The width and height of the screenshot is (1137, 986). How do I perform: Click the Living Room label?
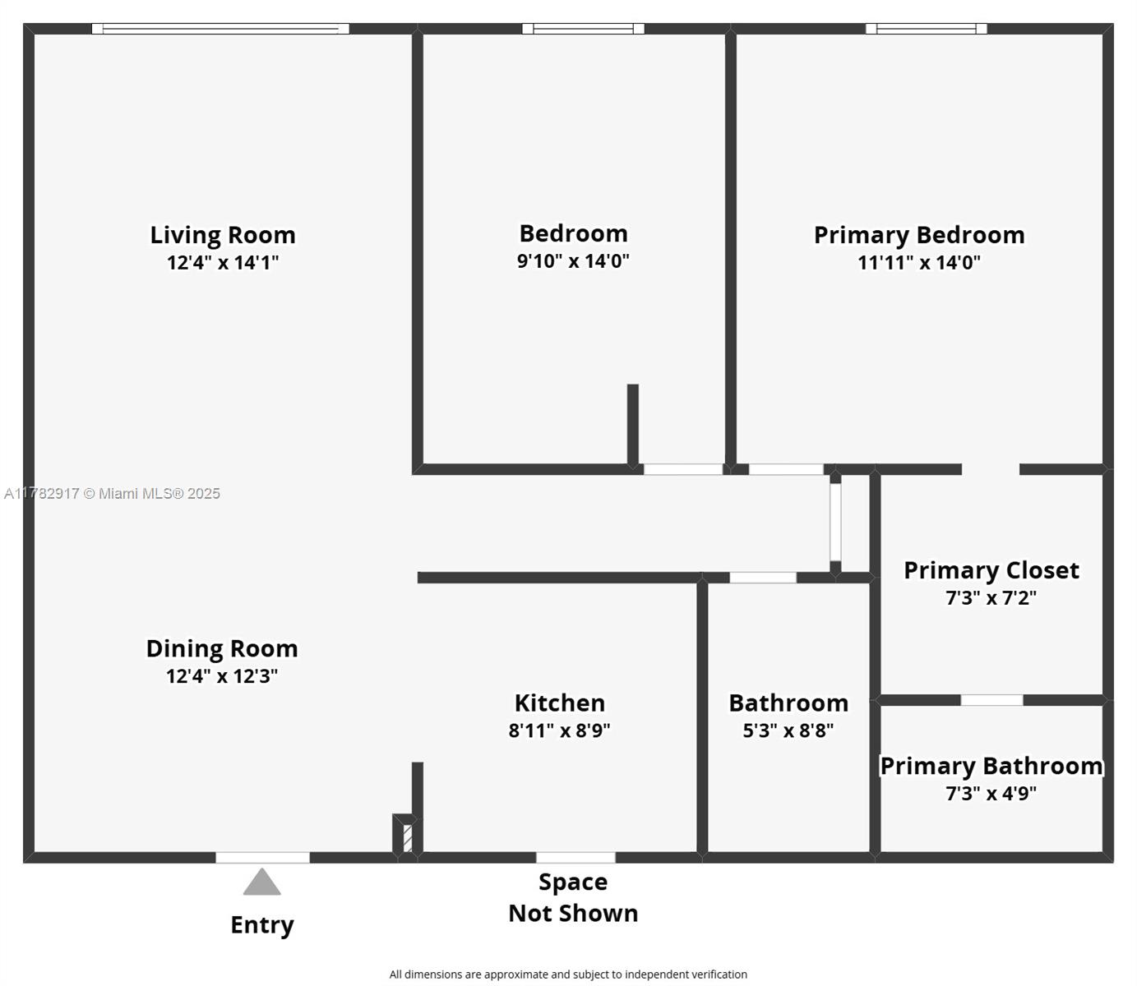pyautogui.click(x=222, y=235)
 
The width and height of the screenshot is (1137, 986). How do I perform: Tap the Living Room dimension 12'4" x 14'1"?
pyautogui.click(x=222, y=263)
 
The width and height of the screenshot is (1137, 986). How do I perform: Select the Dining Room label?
pyautogui.click(x=222, y=648)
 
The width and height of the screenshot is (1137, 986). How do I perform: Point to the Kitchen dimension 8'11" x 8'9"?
pyautogui.click(x=559, y=730)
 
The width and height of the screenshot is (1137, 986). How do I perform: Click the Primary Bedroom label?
pyautogui.click(x=919, y=235)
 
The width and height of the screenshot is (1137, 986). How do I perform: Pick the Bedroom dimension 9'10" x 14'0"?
pyautogui.click(x=573, y=261)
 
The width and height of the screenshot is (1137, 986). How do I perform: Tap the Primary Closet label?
pyautogui.click(x=991, y=570)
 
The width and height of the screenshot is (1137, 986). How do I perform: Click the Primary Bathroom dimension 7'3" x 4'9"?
pyautogui.click(x=991, y=794)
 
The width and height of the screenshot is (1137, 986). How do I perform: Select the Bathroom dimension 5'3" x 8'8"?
pyautogui.click(x=788, y=730)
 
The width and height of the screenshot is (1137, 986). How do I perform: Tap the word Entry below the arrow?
pyautogui.click(x=261, y=925)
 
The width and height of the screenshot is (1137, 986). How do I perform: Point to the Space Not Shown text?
pyautogui.click(x=573, y=898)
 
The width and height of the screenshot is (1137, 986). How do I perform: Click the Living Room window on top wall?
pyautogui.click(x=220, y=29)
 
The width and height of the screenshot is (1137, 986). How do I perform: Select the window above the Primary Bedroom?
pyautogui.click(x=927, y=29)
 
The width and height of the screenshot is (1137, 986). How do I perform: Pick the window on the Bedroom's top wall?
pyautogui.click(x=583, y=29)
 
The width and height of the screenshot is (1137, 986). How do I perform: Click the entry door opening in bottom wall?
pyautogui.click(x=262, y=858)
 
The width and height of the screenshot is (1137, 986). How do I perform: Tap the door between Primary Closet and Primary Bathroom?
pyautogui.click(x=991, y=700)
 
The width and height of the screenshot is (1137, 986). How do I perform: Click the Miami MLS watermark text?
pyautogui.click(x=113, y=494)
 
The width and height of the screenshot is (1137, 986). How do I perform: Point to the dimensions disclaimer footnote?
pyautogui.click(x=568, y=974)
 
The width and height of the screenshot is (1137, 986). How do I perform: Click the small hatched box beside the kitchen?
pyautogui.click(x=407, y=839)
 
